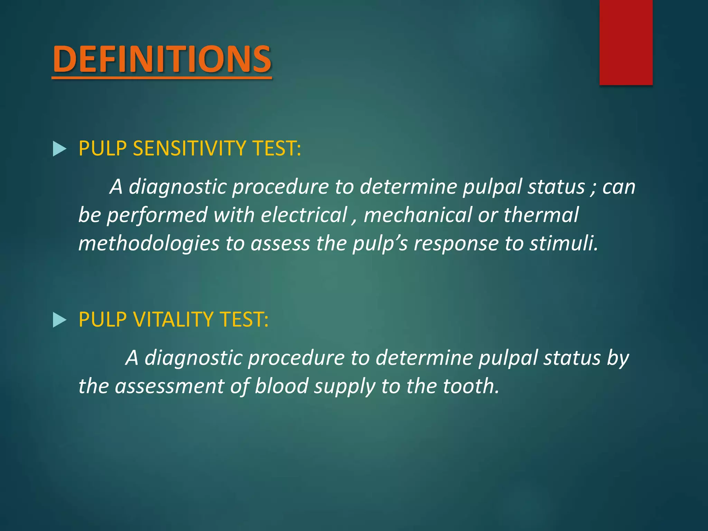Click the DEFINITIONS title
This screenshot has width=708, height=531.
point(162,59)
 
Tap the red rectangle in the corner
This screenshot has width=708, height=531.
point(626,42)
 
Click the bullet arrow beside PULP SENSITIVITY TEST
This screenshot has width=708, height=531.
point(59,149)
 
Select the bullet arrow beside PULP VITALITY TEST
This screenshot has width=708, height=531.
point(59,320)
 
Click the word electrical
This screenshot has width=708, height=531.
point(304,215)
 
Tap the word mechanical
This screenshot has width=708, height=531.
point(418,215)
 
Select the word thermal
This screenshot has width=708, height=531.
point(541,215)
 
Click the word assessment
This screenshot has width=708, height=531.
point(169,386)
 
